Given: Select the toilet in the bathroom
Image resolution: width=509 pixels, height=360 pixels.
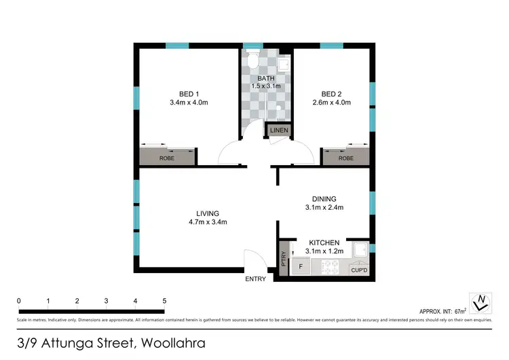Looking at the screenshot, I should pyautogui.click(x=252, y=63).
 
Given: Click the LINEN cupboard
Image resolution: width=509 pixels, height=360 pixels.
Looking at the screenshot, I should pyautogui.click(x=279, y=130).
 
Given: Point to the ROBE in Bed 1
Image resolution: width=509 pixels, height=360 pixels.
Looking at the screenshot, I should pyautogui.click(x=167, y=158).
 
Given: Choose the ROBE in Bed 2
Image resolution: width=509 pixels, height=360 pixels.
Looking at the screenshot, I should pyautogui.click(x=345, y=158).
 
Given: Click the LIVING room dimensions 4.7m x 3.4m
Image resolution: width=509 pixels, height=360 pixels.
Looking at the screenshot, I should pyautogui.click(x=208, y=222).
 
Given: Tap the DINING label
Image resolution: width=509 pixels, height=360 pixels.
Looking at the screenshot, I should pyautogui.click(x=324, y=198).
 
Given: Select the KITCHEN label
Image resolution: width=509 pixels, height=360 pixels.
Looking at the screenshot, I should pyautogui.click(x=324, y=242).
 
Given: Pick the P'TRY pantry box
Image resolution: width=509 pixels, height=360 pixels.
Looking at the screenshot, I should pyautogui.click(x=284, y=259).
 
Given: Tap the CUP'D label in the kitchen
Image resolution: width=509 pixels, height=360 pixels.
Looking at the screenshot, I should pyautogui.click(x=358, y=270).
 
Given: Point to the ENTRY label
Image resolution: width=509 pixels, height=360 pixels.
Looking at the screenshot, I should pyautogui.click(x=255, y=279).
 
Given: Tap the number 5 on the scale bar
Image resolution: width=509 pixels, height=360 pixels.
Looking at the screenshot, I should pyautogui.click(x=164, y=300).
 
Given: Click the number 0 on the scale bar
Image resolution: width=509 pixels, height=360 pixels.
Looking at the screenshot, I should pyautogui.click(x=19, y=300).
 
